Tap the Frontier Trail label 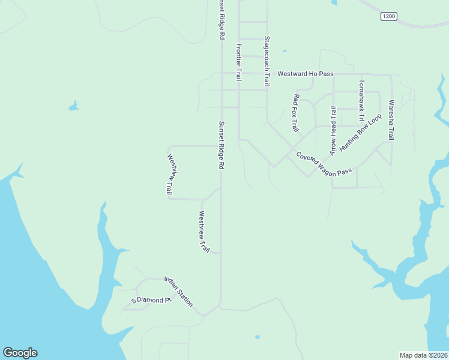239,62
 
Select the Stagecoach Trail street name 267,61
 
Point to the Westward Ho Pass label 305,74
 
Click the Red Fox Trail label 295,113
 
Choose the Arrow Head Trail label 333,130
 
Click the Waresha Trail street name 391,120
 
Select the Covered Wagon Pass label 324,163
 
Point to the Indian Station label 179,292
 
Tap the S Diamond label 151,299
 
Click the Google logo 20,353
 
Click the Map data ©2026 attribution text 423,355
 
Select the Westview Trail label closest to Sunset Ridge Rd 204,232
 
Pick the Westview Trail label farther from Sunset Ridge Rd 170,175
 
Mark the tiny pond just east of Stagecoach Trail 284,51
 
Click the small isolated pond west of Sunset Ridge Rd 73,107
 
